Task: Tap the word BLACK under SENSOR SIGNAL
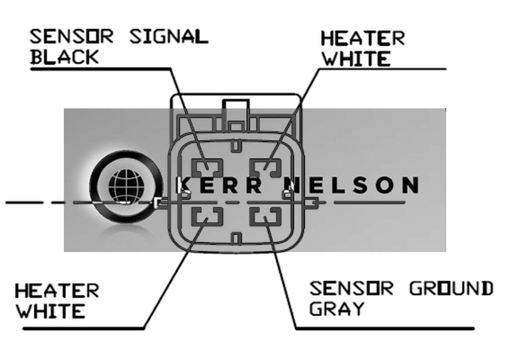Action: (65, 56)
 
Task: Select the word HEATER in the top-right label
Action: (362, 38)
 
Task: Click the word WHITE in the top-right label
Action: (356, 59)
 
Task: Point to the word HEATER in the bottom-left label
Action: (57, 291)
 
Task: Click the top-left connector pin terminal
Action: (208, 168)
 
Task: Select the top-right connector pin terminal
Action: (264, 168)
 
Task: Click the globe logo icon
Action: (128, 186)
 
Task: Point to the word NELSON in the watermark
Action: (354, 186)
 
